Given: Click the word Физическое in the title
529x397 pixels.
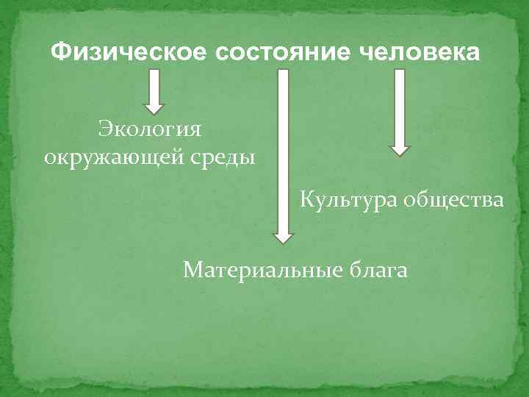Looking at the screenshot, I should click(x=129, y=53).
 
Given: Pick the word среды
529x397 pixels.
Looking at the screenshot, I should click(x=223, y=157).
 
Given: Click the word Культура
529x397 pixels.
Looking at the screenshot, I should click(x=347, y=200).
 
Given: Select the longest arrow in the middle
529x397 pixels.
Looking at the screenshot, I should click(x=283, y=154).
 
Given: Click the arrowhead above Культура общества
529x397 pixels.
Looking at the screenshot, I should click(x=399, y=149).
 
